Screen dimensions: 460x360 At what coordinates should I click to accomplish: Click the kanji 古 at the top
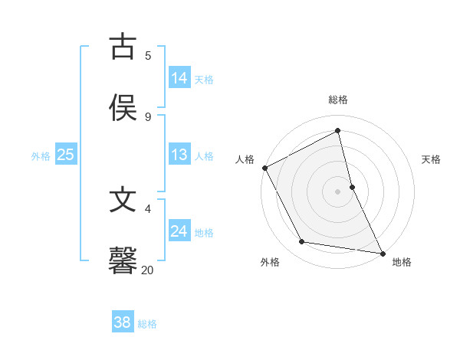coord(123,47)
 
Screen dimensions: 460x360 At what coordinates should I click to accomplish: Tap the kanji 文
coord(123,201)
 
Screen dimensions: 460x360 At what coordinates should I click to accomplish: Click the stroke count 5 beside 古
coord(148,56)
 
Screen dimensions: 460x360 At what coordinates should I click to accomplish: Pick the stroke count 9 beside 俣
coord(148,116)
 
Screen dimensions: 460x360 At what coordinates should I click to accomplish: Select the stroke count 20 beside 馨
coord(147,270)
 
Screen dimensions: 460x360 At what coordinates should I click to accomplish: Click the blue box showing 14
coord(179,78)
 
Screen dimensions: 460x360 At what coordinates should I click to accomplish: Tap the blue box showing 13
coord(179,155)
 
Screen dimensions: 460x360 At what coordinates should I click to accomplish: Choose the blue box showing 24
coord(179,231)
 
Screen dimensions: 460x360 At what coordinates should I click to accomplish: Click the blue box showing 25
coord(65,155)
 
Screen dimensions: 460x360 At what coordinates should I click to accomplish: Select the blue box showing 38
coord(122,323)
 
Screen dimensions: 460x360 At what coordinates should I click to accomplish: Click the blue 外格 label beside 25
coord(41,156)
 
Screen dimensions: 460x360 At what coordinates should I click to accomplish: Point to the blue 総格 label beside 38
coord(147,324)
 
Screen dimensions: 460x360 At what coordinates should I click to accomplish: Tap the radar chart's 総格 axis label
coord(338,100)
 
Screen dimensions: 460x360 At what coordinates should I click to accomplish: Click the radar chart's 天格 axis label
coord(431,159)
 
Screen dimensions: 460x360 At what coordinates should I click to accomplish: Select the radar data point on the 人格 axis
coord(264,168)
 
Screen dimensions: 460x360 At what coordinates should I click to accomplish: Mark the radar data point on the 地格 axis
coord(383,252)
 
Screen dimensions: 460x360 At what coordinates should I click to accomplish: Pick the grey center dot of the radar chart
coord(338,191)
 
